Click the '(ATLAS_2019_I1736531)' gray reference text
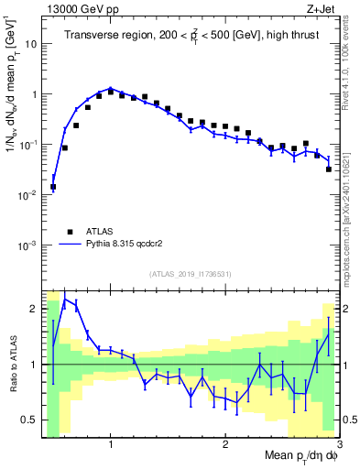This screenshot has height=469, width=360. [x=191, y=274]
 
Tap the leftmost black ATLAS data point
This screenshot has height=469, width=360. [x=53, y=187]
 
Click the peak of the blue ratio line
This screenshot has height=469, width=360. [x=64, y=299]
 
